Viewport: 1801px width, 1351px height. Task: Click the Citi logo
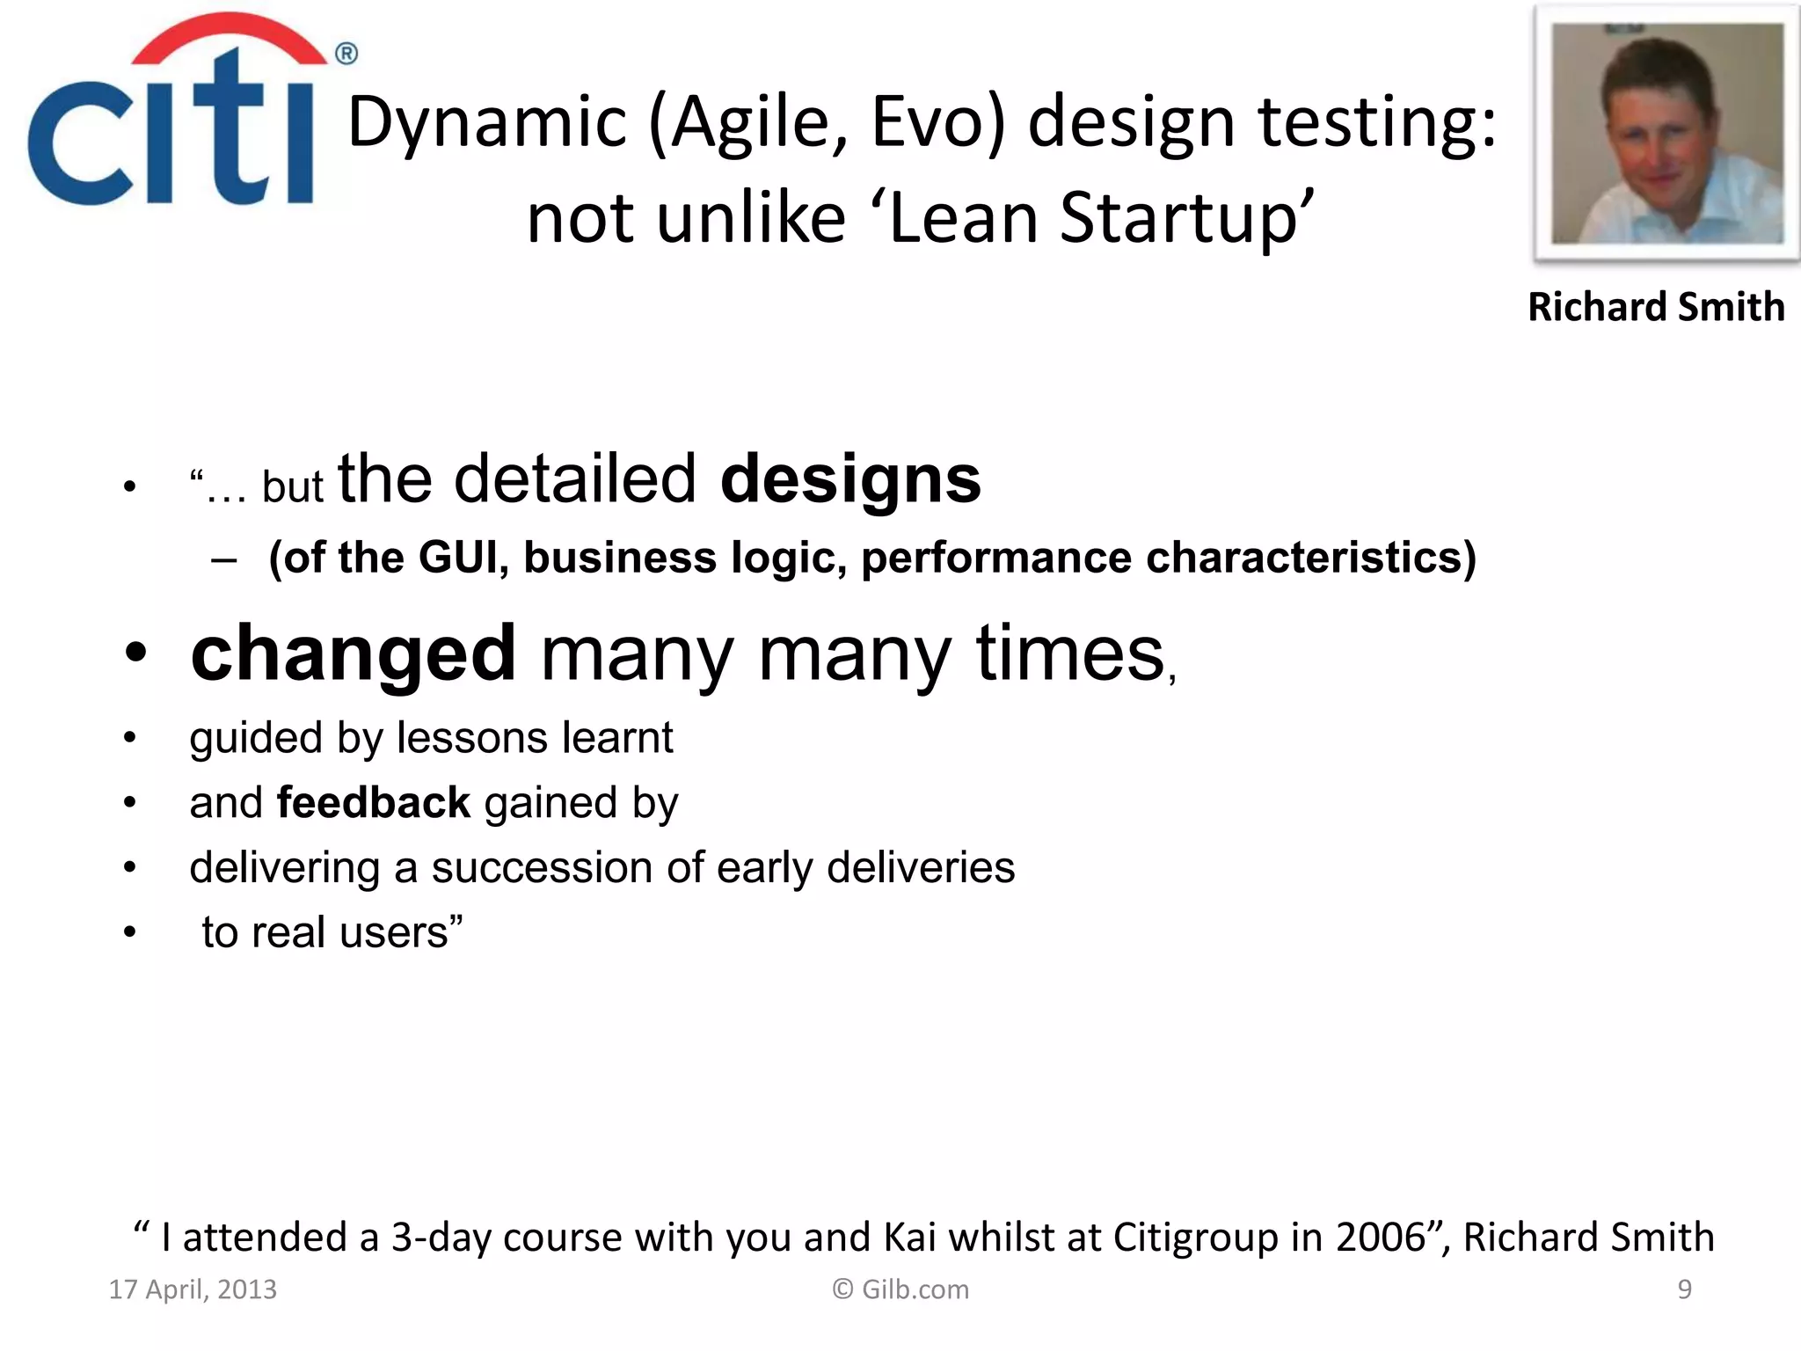pyautogui.click(x=171, y=114)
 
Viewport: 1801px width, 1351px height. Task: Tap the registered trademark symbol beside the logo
pyautogui.click(x=346, y=55)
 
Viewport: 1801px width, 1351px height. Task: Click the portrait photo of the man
pyautogui.click(x=1666, y=134)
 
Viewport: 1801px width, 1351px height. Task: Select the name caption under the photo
pyautogui.click(x=1656, y=307)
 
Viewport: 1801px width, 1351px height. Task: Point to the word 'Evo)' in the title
pyautogui.click(x=938, y=123)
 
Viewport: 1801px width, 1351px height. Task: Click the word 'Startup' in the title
pyautogui.click(x=1178, y=218)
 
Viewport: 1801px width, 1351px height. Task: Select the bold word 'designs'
pyautogui.click(x=849, y=480)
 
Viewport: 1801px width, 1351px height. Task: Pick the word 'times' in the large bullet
pyautogui.click(x=1069, y=654)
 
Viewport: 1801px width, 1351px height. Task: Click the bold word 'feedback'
pyautogui.click(x=374, y=803)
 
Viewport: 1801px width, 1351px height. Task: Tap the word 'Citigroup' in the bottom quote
pyautogui.click(x=1195, y=1238)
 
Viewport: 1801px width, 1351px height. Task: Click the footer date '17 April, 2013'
pyautogui.click(x=193, y=1289)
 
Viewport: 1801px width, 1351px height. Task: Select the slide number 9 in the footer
pyautogui.click(x=1684, y=1289)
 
